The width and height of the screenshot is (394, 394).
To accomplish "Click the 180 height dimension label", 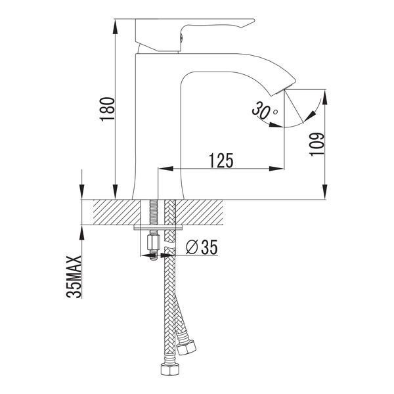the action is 108,109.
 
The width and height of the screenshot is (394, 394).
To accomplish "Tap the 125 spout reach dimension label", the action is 221,160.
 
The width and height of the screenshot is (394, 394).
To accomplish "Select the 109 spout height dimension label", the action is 317,144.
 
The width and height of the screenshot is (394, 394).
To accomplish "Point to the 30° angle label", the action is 265,110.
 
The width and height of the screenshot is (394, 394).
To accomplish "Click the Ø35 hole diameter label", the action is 202,248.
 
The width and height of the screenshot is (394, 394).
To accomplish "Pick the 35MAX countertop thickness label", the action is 74,277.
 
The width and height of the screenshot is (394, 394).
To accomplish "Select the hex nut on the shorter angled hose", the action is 186,347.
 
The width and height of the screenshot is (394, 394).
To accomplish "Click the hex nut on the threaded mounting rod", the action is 153,242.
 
